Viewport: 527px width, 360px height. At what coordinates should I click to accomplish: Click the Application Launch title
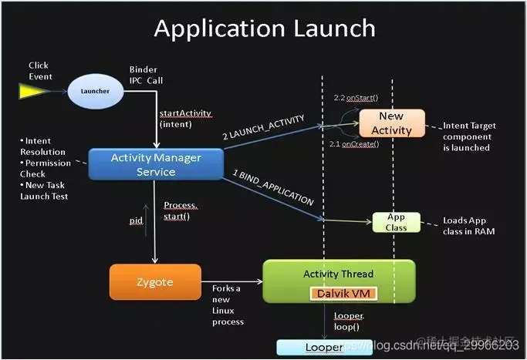coord(264,28)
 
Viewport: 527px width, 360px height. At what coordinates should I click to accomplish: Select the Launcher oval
coord(95,91)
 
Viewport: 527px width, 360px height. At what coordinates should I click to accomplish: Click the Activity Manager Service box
coord(156,164)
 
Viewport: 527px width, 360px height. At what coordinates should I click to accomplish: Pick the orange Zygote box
coord(155,281)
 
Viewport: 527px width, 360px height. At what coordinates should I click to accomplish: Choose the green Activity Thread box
coord(339,281)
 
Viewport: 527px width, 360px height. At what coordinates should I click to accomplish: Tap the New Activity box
coord(391,123)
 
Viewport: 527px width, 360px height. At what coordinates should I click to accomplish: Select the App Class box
coord(396,222)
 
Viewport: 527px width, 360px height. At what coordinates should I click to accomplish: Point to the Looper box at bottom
coord(324,348)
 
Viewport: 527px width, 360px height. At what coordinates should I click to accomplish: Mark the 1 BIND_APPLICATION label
coord(274,187)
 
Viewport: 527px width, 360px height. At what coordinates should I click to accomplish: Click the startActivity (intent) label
coord(184,118)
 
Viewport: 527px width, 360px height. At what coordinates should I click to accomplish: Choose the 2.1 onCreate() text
coord(355,145)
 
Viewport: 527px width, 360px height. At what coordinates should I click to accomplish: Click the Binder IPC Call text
coord(146,74)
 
